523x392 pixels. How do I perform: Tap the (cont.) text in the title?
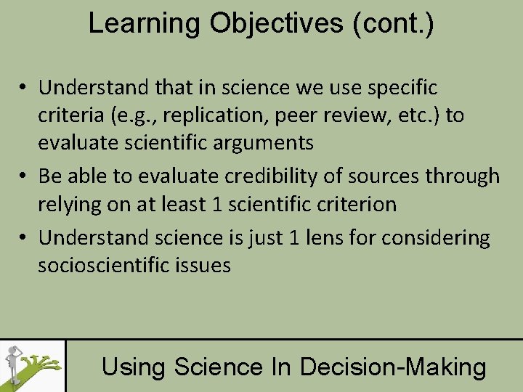coord(393,23)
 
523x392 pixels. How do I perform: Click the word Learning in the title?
coord(145,23)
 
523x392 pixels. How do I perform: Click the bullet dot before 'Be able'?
coord(24,176)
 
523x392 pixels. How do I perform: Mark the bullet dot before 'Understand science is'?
coord(24,238)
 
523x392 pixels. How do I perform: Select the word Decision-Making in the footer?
coord(393,367)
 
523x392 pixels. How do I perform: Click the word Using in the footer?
coord(129,367)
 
